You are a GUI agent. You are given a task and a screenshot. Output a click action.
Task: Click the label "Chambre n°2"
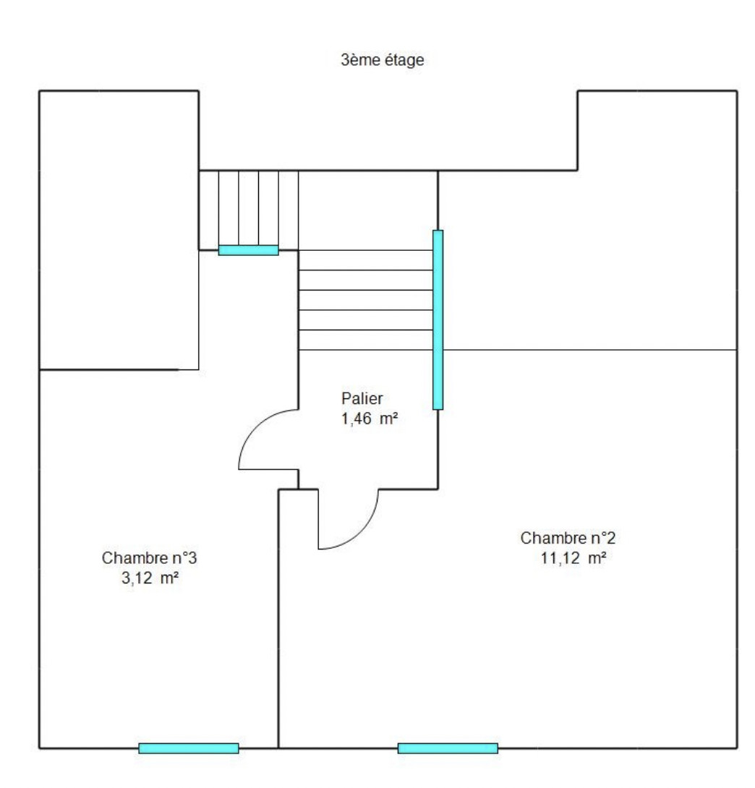[568, 539]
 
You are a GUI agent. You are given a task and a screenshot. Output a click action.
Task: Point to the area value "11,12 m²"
[573, 557]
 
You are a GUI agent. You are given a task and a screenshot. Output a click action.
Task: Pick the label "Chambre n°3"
[150, 558]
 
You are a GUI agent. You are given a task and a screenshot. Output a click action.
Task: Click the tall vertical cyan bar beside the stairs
[438, 320]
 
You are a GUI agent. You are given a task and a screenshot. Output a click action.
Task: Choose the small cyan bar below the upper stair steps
[249, 250]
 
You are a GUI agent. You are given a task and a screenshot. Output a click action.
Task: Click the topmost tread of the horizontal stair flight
[367, 260]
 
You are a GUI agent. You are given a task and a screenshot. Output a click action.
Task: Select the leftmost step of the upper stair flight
[209, 210]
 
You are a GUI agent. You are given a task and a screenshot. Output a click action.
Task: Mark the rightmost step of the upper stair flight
[289, 210]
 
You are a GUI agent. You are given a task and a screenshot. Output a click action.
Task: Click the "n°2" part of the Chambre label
[601, 539]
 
